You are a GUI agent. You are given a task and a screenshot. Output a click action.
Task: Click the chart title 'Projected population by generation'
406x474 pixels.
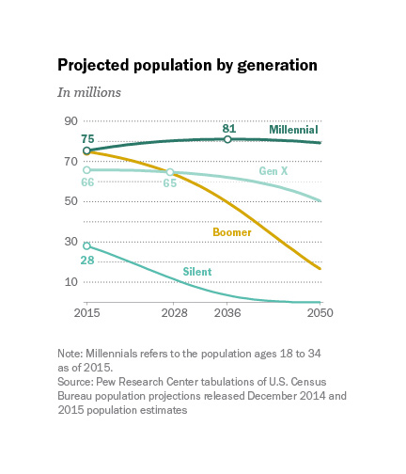[187, 66]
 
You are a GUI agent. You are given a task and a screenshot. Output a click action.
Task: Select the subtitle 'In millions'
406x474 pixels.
[89, 92]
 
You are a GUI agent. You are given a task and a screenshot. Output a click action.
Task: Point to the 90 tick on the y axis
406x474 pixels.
[71, 121]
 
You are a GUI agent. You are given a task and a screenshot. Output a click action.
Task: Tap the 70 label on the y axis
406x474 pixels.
[71, 162]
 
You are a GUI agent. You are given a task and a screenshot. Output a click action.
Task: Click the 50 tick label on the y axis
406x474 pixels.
[71, 201]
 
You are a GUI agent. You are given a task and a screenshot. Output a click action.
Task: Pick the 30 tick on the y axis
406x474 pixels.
[71, 242]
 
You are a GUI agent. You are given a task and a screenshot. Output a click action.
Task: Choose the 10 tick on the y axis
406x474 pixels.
[71, 282]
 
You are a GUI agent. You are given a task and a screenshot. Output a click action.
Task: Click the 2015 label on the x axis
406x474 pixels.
[86, 313]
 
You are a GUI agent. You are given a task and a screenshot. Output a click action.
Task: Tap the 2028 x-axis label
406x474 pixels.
[174, 313]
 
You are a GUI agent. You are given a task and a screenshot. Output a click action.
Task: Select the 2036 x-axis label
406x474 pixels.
[227, 313]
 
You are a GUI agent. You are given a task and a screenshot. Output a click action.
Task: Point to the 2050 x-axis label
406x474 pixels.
[320, 313]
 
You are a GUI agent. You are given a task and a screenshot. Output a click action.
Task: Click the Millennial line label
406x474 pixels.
[293, 130]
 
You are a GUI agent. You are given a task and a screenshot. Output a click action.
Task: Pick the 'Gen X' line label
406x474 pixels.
[273, 171]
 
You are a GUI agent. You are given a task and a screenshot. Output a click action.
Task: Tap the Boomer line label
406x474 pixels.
[232, 232]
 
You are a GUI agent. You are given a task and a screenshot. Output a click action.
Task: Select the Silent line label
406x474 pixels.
[197, 272]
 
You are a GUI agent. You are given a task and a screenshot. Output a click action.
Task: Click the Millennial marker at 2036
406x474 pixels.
[227, 139]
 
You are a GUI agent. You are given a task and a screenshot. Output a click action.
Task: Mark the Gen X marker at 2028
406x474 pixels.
[170, 172]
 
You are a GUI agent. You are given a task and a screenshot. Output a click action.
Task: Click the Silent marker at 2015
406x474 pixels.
[86, 245]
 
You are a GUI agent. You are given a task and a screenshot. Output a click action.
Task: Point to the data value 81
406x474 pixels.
[229, 129]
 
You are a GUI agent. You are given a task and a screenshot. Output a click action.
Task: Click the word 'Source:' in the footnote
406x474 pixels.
[75, 382]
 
